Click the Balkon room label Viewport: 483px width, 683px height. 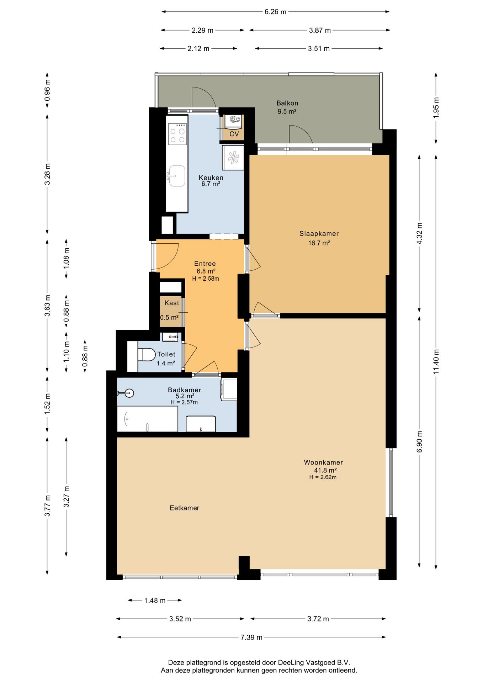pos(287,103)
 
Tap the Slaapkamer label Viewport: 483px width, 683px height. pos(319,234)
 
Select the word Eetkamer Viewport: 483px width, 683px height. pos(184,508)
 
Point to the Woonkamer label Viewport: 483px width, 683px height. pos(323,462)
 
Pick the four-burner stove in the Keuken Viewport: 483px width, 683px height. pos(177,133)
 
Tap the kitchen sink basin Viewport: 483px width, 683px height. pos(177,176)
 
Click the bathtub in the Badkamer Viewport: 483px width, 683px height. pos(148,419)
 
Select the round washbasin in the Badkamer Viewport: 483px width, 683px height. pos(129,393)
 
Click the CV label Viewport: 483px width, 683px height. pos(234,134)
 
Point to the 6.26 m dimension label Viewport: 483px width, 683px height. pos(275,12)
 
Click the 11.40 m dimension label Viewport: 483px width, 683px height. pos(436,361)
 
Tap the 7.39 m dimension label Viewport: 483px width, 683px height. pos(251,637)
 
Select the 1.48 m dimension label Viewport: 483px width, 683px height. pos(155,600)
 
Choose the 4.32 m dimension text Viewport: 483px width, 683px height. pos(420,233)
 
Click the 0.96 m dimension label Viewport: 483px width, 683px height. pos(47,90)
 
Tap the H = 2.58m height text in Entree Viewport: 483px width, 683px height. pos(206,279)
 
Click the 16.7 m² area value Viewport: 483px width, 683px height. pos(319,243)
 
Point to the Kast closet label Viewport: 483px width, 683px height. pos(172,303)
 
